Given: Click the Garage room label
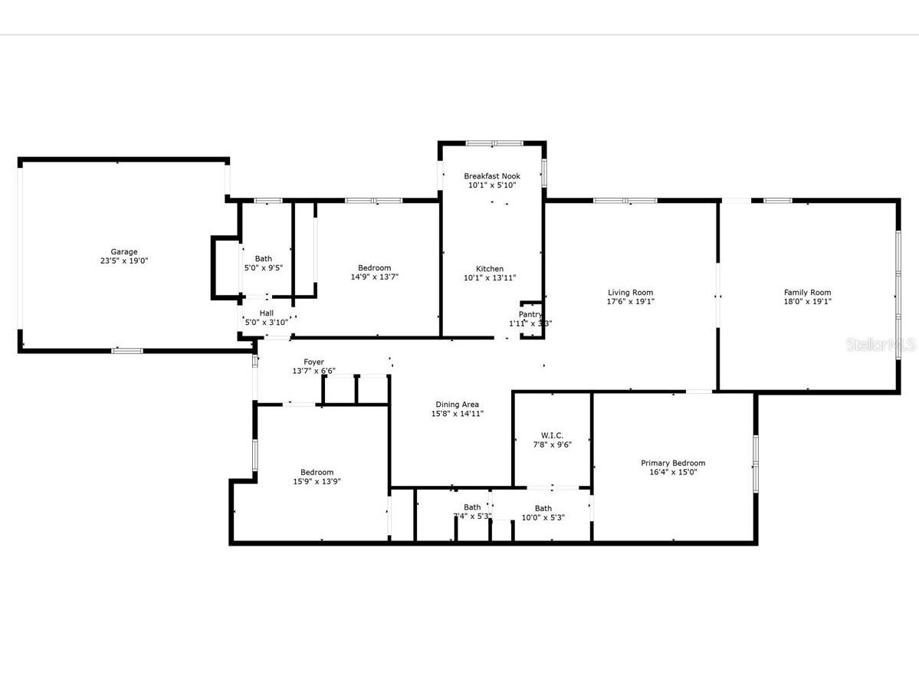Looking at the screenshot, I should (124, 251).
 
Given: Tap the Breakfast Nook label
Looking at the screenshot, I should (491, 176).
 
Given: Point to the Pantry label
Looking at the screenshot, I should (530, 314).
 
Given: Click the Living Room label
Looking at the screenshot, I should (630, 292).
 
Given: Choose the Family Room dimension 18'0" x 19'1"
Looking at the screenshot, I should (807, 302).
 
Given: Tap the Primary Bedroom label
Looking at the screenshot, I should (673, 463).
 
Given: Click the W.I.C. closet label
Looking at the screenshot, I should (552, 435).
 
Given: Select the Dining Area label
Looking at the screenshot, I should (458, 405).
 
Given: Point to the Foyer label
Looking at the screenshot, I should (313, 362).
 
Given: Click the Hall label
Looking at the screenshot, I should (267, 313).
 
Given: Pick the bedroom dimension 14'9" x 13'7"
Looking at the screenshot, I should (375, 277).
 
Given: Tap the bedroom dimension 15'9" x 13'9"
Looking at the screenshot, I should (317, 482).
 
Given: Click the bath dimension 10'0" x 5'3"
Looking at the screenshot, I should (543, 517).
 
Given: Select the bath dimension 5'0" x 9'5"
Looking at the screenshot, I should (263, 268).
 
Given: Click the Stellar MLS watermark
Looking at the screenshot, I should (881, 345).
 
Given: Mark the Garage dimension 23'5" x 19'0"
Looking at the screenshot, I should (124, 261).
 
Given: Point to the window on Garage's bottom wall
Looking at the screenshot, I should (127, 351).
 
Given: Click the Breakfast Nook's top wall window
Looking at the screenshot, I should (494, 143).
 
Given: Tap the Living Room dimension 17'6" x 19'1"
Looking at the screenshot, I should (630, 302).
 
